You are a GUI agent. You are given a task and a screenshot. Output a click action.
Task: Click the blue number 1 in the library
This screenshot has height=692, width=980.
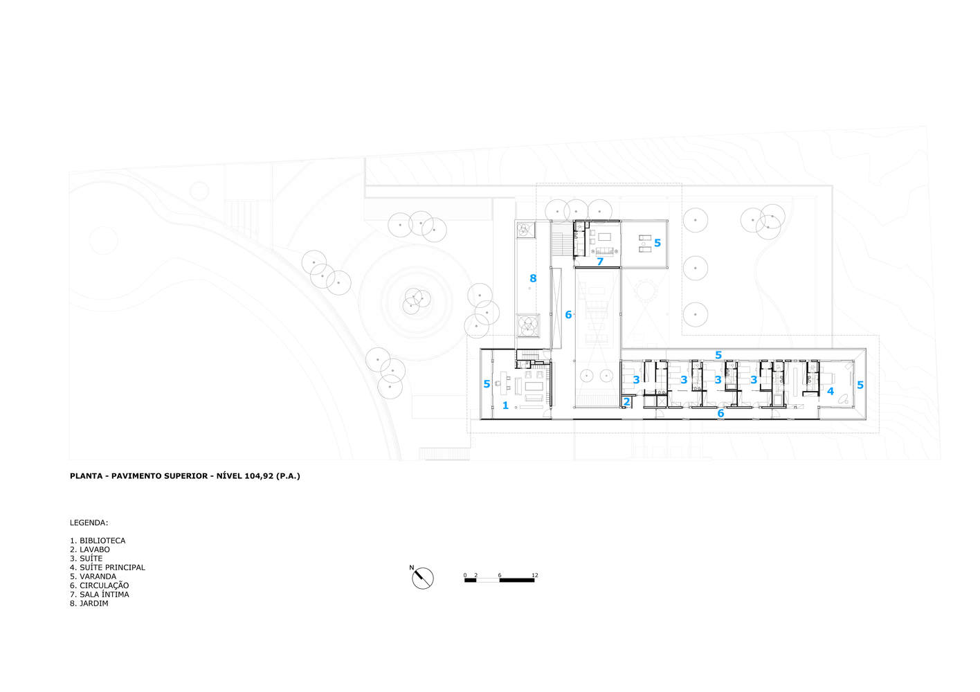(505, 406)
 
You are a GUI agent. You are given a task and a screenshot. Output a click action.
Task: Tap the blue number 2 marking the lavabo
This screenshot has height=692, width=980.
(627, 401)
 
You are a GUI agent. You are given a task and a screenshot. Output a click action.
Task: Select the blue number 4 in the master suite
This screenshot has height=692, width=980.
(831, 391)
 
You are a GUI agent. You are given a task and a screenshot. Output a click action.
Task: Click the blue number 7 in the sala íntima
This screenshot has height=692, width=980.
(600, 262)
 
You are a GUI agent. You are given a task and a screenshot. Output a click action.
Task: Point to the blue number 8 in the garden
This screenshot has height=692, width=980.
(533, 279)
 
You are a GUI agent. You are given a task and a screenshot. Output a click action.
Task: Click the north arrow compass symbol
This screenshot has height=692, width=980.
(423, 578)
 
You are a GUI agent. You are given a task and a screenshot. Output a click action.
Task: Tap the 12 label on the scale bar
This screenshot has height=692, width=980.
(535, 575)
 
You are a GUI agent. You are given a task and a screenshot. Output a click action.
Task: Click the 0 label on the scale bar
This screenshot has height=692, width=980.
(466, 575)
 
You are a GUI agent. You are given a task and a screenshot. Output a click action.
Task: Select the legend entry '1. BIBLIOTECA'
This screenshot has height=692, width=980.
(98, 540)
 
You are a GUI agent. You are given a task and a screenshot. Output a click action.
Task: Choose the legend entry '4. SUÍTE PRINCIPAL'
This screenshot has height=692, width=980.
(107, 567)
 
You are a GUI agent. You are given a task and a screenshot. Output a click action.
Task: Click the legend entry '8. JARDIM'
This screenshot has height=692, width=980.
(89, 603)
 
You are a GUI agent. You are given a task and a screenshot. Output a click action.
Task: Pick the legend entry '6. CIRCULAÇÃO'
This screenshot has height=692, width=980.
(99, 585)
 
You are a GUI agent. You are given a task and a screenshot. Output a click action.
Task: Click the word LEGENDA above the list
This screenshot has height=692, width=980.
(89, 522)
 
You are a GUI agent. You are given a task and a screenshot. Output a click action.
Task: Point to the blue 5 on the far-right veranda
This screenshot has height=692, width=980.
(860, 385)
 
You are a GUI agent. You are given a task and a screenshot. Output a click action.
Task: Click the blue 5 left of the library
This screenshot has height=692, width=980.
(487, 384)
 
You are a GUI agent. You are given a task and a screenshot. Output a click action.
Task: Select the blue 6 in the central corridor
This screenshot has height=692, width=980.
(568, 315)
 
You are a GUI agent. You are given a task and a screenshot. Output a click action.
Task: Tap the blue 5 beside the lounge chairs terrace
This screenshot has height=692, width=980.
(657, 243)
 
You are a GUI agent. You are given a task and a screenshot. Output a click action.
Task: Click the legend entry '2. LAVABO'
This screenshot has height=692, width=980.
(90, 549)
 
